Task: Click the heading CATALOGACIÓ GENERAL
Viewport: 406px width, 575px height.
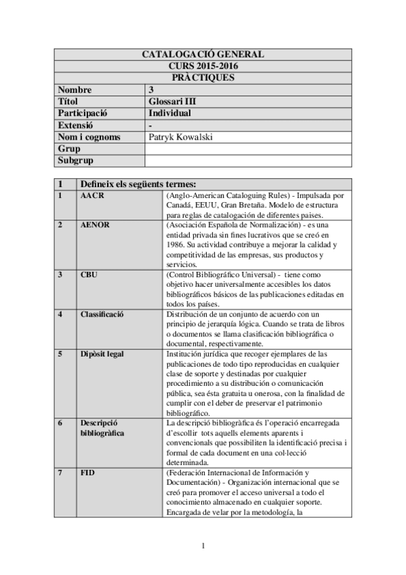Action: (x=202, y=55)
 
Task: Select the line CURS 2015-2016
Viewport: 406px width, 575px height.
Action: (x=202, y=66)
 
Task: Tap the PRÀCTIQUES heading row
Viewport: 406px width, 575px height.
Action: (x=202, y=78)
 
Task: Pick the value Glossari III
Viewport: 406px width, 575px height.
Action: (x=171, y=102)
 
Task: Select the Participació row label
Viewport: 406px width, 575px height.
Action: (x=84, y=113)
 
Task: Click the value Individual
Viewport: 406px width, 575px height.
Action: (x=170, y=113)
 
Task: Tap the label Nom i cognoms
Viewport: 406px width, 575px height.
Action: (x=89, y=137)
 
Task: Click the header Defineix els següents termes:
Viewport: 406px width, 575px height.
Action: (x=138, y=184)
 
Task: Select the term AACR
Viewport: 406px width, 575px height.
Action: (x=92, y=196)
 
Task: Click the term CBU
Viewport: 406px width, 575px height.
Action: (x=89, y=275)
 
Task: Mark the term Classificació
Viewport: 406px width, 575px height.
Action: (x=102, y=314)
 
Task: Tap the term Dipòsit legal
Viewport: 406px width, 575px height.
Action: (x=103, y=353)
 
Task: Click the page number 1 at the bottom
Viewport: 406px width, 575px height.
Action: (x=203, y=546)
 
